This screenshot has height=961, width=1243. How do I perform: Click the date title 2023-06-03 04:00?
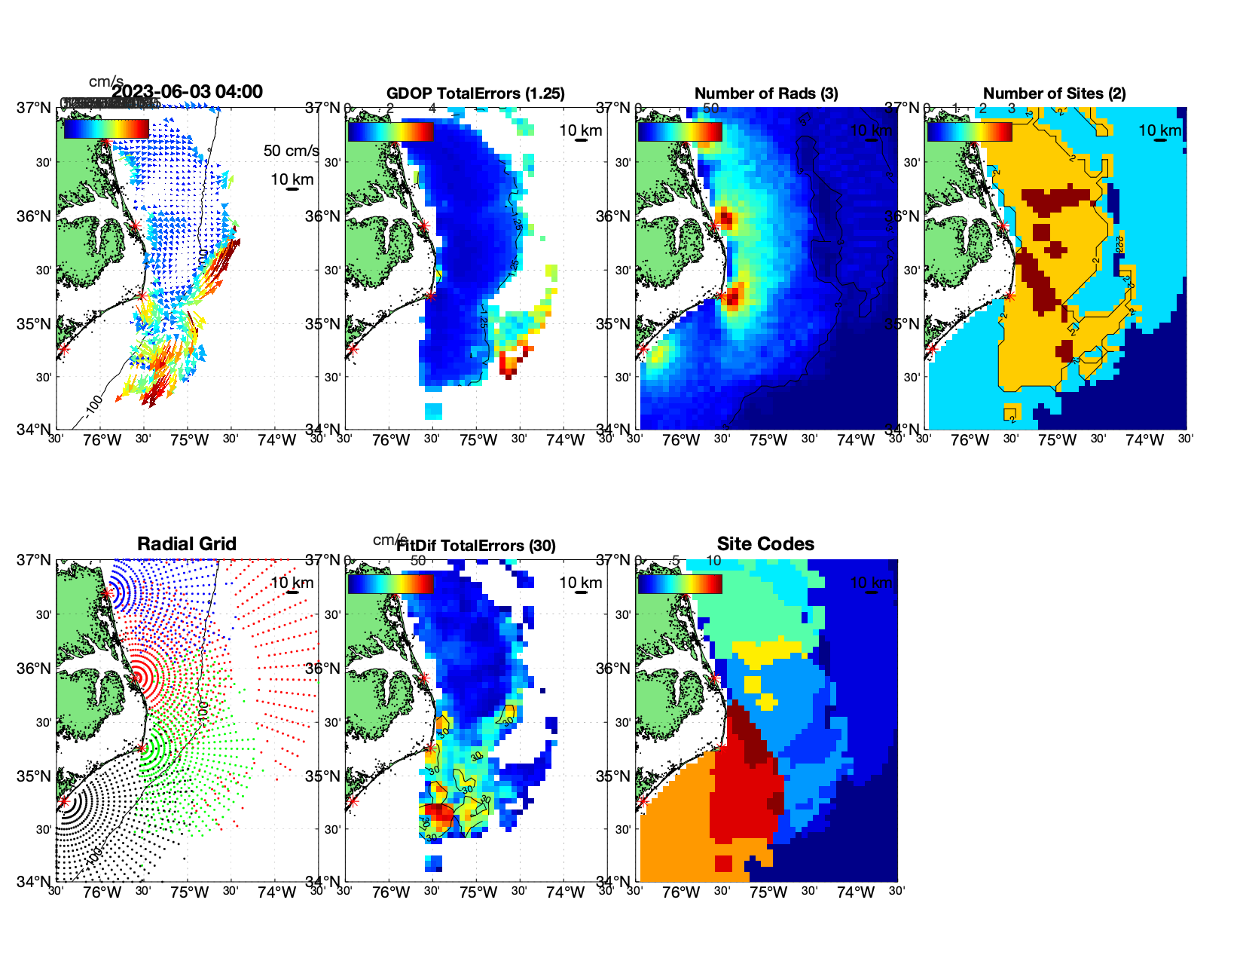(187, 92)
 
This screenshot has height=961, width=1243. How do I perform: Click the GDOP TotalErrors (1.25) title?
(475, 93)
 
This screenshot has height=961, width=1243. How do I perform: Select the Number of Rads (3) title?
(766, 93)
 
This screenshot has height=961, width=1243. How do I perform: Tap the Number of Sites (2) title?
(1054, 93)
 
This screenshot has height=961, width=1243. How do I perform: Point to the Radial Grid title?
(187, 544)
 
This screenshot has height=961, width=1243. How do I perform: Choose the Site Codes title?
(765, 544)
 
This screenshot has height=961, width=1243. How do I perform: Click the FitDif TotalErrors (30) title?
(475, 546)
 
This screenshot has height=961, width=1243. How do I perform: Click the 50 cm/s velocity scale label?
(291, 151)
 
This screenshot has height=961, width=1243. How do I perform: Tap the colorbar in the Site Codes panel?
(680, 584)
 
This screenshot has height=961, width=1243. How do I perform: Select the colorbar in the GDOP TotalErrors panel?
(390, 131)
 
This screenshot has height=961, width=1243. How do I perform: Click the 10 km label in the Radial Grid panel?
(292, 583)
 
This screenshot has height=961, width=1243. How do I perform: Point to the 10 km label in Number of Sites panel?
(1159, 130)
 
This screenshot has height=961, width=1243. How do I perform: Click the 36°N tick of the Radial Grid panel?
(34, 669)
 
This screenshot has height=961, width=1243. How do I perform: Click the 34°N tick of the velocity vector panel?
(34, 430)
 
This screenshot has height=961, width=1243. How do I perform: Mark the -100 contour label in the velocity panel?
(93, 406)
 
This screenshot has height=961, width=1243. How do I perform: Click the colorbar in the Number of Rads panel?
(680, 131)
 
